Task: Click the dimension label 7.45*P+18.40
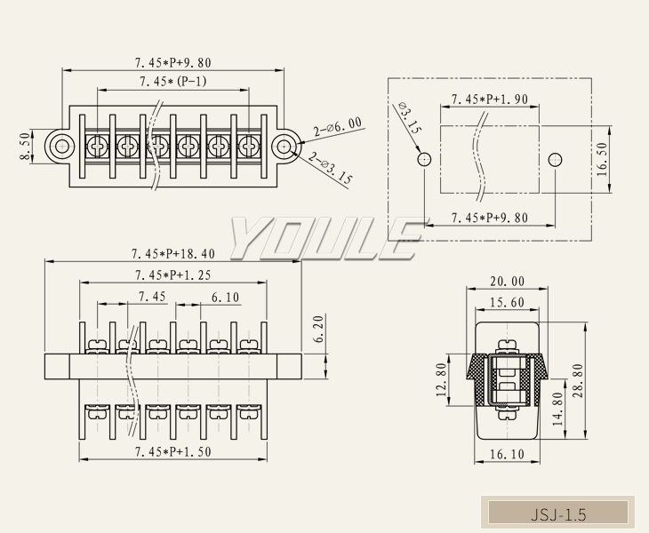click(x=172, y=254)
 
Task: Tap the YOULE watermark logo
click(x=324, y=238)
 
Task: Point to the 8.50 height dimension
click(x=25, y=147)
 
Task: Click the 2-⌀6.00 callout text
click(x=337, y=130)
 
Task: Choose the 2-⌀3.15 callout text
click(x=331, y=169)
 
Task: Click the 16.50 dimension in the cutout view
click(x=602, y=159)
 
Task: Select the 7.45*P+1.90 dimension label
click(x=490, y=99)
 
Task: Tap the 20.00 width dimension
click(x=508, y=282)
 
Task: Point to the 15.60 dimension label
click(x=507, y=303)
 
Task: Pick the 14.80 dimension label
click(x=557, y=410)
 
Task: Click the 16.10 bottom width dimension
click(x=507, y=454)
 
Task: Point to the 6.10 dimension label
click(x=225, y=297)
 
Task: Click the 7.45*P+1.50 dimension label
click(x=172, y=451)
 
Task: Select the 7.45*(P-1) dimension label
click(x=172, y=83)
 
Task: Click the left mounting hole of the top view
click(x=60, y=147)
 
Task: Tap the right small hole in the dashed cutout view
click(x=555, y=160)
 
